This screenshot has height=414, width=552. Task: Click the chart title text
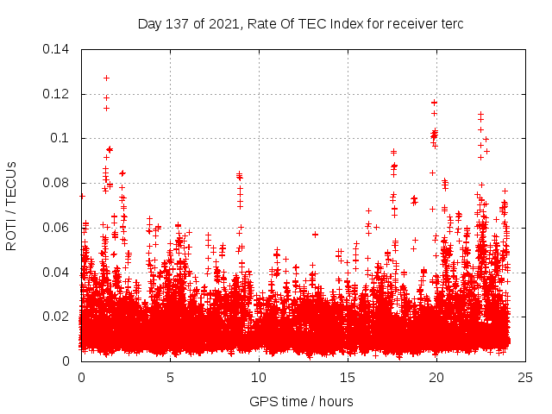[301, 23]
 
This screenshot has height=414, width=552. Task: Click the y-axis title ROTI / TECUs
[11, 205]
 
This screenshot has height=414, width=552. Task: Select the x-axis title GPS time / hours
[301, 401]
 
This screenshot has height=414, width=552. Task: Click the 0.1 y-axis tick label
[60, 138]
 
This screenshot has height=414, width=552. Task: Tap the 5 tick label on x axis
[170, 378]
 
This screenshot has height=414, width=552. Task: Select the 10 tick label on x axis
[259, 378]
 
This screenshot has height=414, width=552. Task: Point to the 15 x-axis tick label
[348, 378]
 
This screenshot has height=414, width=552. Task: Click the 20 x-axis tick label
[436, 378]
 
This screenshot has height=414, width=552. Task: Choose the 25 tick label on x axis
[525, 378]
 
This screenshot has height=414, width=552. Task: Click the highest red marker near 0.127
[106, 78]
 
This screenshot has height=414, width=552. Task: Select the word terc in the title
[451, 23]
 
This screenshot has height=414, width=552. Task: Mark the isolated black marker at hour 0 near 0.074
[81, 196]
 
